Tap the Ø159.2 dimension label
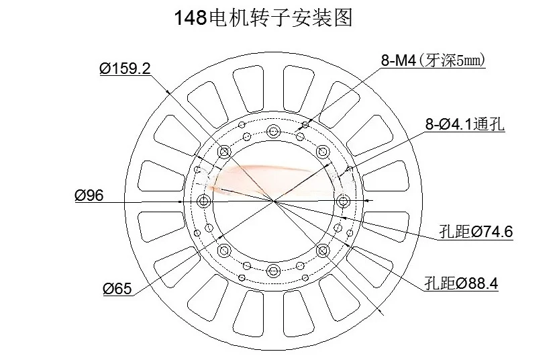(125, 69)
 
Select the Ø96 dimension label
(89, 195)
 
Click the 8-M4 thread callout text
(399, 61)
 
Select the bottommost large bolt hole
(273, 271)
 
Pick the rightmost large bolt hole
(343, 201)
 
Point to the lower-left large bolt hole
(223, 251)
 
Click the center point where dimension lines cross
(273, 201)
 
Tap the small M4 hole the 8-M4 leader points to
(305, 125)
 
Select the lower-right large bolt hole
(323, 251)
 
